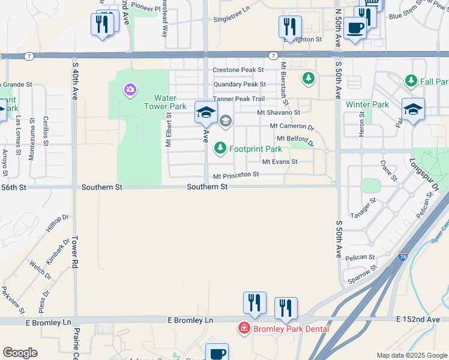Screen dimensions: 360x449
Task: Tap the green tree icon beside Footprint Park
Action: coord(220,148)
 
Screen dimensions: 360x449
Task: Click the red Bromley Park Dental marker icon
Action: coord(244,328)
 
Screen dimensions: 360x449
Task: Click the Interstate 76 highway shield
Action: coord(403,256)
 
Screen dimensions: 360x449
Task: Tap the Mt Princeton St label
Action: coord(236,175)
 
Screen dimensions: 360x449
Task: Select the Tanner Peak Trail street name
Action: coord(238,98)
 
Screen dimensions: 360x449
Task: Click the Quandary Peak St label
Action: coord(240,85)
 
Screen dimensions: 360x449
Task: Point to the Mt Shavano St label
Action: coord(279,112)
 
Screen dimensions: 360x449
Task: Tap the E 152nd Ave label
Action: coord(418,320)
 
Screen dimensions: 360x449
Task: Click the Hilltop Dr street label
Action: coord(57,224)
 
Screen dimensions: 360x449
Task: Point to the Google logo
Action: coord(20,353)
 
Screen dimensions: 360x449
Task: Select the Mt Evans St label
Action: coord(280,162)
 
